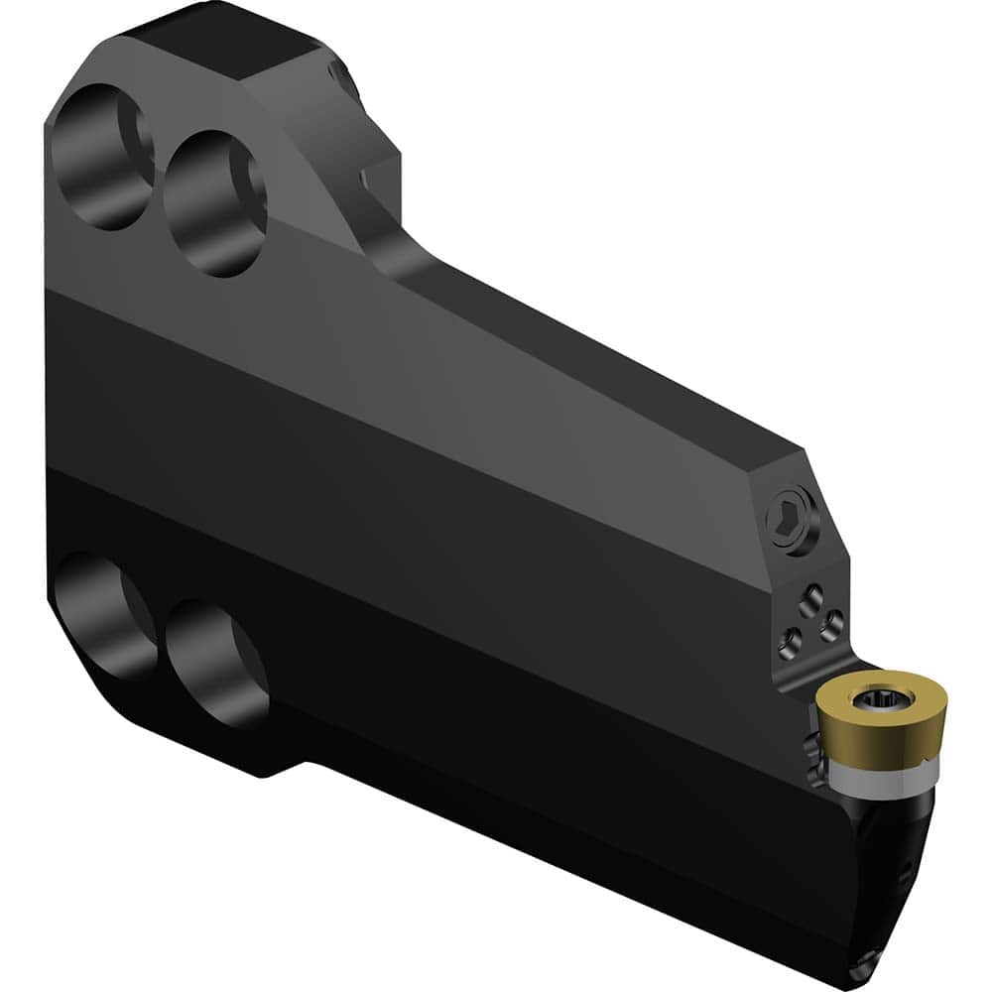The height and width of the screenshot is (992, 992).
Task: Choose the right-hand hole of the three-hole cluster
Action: [832, 624]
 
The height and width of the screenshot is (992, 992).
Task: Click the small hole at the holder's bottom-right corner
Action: [872, 959]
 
